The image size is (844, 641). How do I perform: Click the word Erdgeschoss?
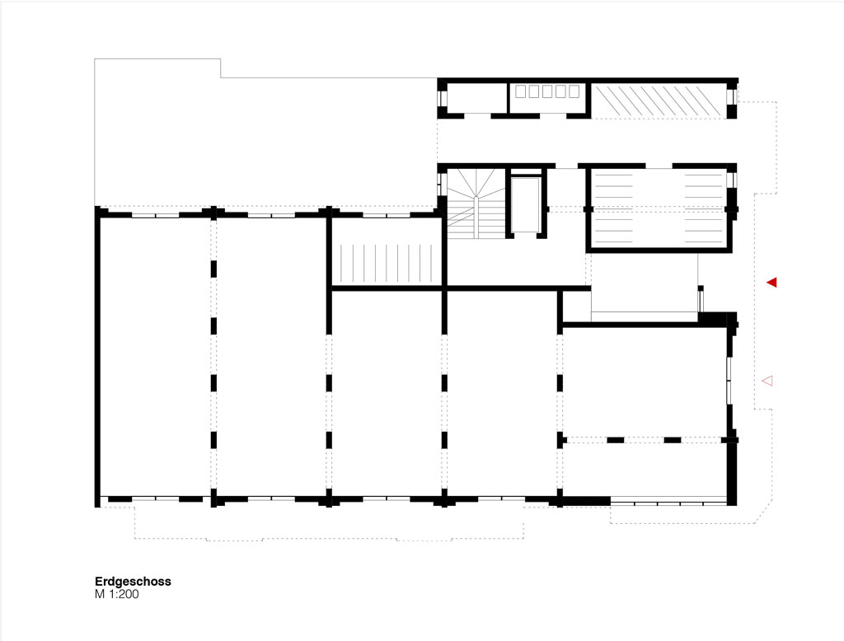(133, 581)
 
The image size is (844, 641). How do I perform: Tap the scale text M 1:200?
(117, 594)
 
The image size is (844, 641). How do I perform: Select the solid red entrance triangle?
(771, 282)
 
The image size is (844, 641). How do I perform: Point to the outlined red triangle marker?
(767, 381)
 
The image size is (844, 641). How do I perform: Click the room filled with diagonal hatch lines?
(659, 100)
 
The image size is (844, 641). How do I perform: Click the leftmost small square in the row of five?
(521, 91)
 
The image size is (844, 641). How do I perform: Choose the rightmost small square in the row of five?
(574, 91)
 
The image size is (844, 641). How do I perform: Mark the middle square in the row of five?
(547, 91)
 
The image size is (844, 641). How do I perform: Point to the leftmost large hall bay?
(156, 356)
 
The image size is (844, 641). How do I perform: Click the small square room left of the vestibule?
(576, 306)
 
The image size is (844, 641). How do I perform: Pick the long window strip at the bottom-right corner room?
(668, 503)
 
